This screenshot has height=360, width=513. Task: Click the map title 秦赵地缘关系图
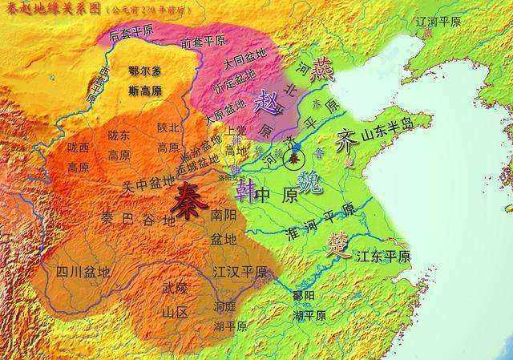point(54,9)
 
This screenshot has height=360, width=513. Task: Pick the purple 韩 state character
point(246,191)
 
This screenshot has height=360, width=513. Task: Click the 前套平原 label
point(204,42)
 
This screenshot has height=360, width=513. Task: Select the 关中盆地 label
point(148,184)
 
